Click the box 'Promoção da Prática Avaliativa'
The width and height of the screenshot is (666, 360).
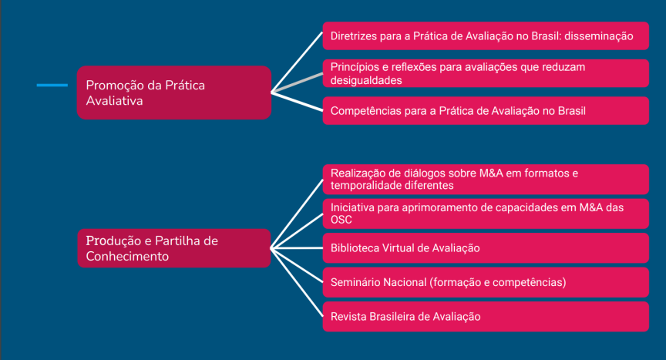[174, 93]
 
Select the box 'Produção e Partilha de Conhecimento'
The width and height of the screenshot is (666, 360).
[174, 248]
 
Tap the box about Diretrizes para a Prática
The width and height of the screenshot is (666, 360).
[486, 36]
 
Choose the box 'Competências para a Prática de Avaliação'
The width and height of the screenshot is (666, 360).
[486, 111]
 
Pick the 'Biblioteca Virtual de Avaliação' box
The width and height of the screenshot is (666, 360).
[486, 248]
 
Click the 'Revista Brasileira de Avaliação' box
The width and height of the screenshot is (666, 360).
[486, 317]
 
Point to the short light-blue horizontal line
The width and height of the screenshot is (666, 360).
[52, 86]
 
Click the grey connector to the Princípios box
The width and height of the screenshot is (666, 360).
[298, 82]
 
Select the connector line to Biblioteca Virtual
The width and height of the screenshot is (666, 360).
[297, 248]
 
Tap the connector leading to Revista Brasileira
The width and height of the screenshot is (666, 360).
[297, 282]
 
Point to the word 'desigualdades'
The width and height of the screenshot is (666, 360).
[366, 81]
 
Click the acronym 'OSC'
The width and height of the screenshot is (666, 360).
[341, 220]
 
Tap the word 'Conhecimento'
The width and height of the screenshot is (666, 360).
[127, 257]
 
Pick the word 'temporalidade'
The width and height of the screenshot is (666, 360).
[365, 186]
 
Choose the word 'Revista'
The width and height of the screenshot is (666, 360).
[348, 317]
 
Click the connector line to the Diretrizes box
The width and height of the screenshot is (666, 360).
[297, 62]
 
